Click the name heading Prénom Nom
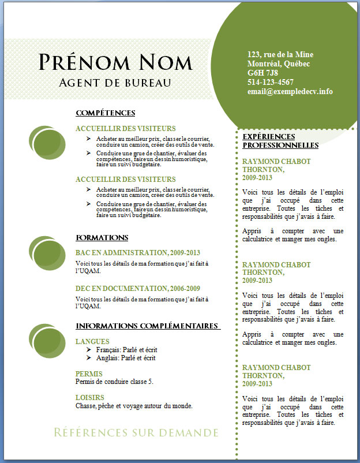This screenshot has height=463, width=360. point(115,62)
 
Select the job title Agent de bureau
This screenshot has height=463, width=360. point(115,83)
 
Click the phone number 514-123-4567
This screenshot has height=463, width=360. point(270,82)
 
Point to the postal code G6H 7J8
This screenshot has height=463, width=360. point(262,73)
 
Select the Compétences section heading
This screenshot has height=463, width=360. point(105,113)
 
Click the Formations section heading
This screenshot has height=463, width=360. point(102,238)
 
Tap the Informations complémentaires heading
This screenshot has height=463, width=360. point(148,326)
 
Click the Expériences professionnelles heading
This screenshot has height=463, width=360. point(280,141)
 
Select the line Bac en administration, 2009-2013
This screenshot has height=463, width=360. point(138,253)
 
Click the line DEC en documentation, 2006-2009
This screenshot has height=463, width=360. point(138,288)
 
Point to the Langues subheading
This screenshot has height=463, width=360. point(92,342)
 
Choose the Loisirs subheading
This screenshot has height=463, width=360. point(90,398)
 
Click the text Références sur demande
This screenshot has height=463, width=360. point(136,432)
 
